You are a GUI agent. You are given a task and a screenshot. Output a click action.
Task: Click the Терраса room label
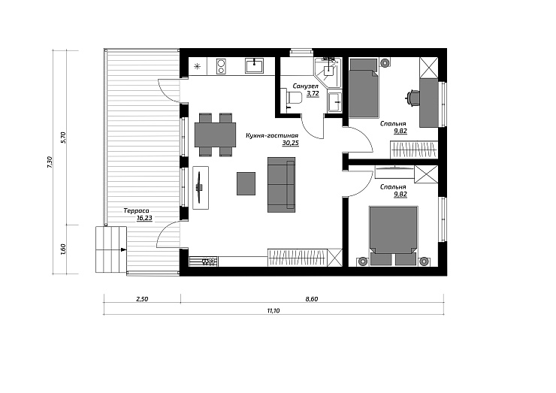click(136, 210)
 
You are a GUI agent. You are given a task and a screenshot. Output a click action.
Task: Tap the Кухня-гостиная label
click(272, 135)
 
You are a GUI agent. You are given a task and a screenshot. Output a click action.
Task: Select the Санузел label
click(306, 86)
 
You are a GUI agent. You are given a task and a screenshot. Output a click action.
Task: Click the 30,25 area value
click(291, 143)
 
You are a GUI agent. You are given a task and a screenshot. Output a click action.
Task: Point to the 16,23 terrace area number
click(144, 218)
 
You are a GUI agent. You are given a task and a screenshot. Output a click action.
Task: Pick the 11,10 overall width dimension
click(273, 310)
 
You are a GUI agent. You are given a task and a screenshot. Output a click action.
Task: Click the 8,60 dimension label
click(312, 299)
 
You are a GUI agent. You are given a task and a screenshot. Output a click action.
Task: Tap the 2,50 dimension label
click(142, 299)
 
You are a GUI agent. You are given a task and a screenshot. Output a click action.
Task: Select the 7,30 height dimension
click(50, 162)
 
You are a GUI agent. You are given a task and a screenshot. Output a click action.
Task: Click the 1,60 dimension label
click(63, 249)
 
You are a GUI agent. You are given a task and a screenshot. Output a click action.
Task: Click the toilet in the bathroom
click(292, 98)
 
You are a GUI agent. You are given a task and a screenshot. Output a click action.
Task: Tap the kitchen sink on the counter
click(254, 66)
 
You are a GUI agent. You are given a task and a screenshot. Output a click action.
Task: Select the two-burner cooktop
click(222, 66)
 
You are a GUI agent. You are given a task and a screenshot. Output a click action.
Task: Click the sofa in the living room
click(282, 185)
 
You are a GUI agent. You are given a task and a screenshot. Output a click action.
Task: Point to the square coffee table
click(246, 183)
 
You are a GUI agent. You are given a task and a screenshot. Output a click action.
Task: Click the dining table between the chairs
click(215, 135)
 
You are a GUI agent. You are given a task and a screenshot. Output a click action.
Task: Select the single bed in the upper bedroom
click(364, 88)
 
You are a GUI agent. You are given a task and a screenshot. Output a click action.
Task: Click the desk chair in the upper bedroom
click(412, 98)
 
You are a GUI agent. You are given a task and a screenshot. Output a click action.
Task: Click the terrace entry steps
click(111, 249)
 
